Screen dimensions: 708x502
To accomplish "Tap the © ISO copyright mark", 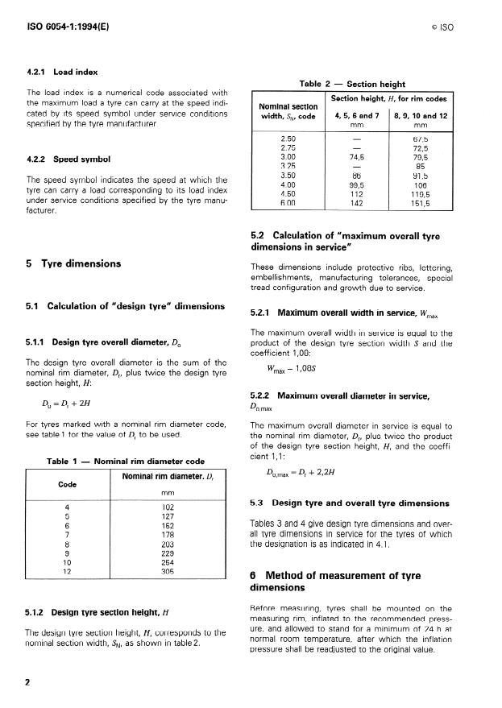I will pyautogui.click(x=443, y=27).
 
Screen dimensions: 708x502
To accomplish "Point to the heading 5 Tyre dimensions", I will pyautogui.click(x=75, y=263).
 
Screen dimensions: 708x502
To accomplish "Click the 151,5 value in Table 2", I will pyautogui.click(x=419, y=205).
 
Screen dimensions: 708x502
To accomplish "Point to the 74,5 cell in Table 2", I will pyautogui.click(x=353, y=158).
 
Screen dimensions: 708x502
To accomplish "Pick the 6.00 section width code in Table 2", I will pyautogui.click(x=276, y=205).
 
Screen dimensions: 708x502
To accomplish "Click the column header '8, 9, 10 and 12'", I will pyautogui.click(x=419, y=116).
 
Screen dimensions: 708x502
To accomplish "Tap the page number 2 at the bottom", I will pyautogui.click(x=27, y=681).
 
